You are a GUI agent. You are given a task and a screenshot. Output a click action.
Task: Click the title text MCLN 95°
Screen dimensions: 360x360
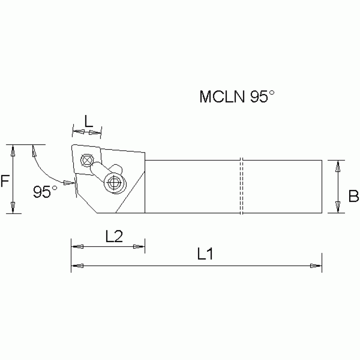[236, 97]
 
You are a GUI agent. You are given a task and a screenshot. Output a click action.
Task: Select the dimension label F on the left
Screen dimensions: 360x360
[5, 181]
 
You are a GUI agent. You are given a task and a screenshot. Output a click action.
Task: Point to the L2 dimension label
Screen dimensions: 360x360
[114, 236]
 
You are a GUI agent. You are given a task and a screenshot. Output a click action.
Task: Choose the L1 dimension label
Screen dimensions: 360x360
[205, 255]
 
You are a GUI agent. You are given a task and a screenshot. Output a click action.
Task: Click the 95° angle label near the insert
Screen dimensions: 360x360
[45, 191]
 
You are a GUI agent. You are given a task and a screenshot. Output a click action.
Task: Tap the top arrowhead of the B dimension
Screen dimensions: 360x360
[337, 165]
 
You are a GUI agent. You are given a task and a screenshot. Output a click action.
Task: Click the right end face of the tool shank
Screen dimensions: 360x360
[322, 186]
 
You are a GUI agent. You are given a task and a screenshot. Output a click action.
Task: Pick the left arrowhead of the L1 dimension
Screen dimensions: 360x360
[77, 266]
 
